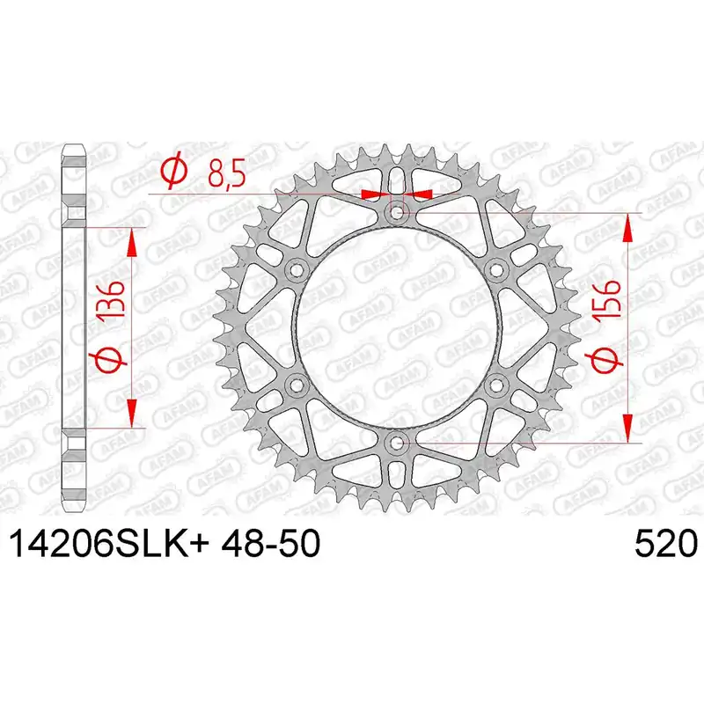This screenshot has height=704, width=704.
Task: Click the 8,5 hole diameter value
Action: pyautogui.click(x=225, y=171)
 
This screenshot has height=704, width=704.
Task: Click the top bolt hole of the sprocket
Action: pyautogui.click(x=397, y=211)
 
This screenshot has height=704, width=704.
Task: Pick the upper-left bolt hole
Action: pyautogui.click(x=297, y=268)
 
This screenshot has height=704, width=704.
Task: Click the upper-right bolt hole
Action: pyautogui.click(x=495, y=268)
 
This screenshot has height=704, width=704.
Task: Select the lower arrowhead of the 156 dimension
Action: pyautogui.click(x=627, y=426)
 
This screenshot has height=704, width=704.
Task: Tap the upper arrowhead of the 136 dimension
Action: pyautogui.click(x=132, y=238)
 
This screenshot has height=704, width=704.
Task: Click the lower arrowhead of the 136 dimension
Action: pyautogui.click(x=132, y=413)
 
